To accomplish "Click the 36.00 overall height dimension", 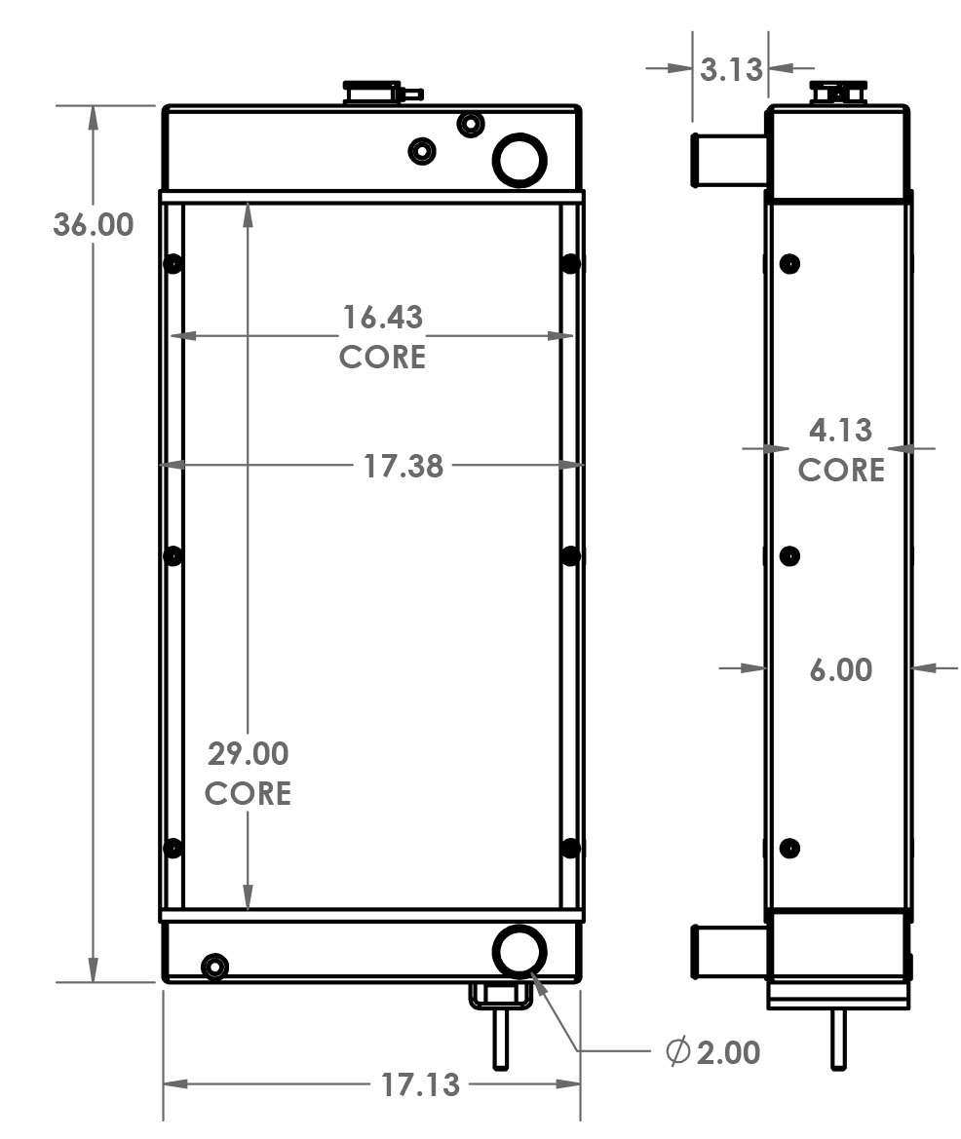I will (x=93, y=224).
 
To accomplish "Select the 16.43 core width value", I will (x=382, y=317).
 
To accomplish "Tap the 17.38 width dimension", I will (x=404, y=467).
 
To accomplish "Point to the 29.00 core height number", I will (x=248, y=753).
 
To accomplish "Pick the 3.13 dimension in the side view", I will (x=731, y=69).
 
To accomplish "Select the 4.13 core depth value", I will (x=840, y=430).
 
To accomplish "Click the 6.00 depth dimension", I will (x=840, y=670).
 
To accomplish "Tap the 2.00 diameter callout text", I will (x=728, y=1052).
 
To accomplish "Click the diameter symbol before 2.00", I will (x=678, y=1052).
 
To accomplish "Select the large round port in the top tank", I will (x=519, y=159).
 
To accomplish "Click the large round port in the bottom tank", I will (x=519, y=950).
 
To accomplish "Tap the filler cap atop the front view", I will (x=371, y=93).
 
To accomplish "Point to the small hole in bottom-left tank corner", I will (x=213, y=967).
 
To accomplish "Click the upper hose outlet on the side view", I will (x=728, y=160).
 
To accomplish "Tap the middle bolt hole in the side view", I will (x=789, y=556).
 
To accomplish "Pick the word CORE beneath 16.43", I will (x=382, y=357).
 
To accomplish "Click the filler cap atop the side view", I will (x=838, y=93).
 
